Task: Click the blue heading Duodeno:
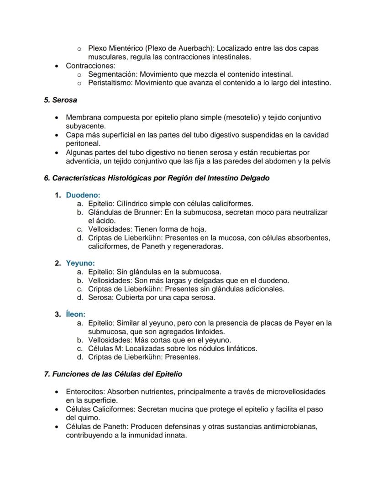pyautogui.click(x=83, y=195)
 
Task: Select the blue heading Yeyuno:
pyautogui.click(x=80, y=263)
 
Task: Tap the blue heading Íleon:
pyautogui.click(x=76, y=314)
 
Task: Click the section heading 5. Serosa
pyautogui.click(x=60, y=100)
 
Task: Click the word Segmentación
pyautogui.click(x=112, y=74)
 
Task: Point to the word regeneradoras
pyautogui.click(x=199, y=246)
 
